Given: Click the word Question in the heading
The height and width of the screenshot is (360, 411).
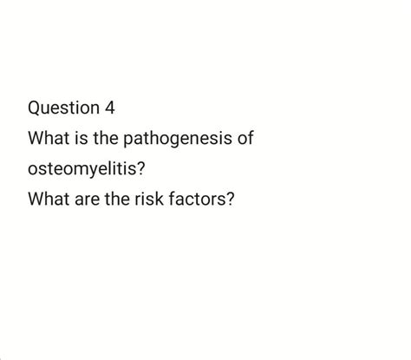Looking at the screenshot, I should pyautogui.click(x=62, y=108).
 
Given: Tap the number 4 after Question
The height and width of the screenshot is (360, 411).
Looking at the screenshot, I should pyautogui.click(x=108, y=108).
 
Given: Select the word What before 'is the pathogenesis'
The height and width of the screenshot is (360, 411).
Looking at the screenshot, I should pyautogui.click(x=49, y=139).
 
